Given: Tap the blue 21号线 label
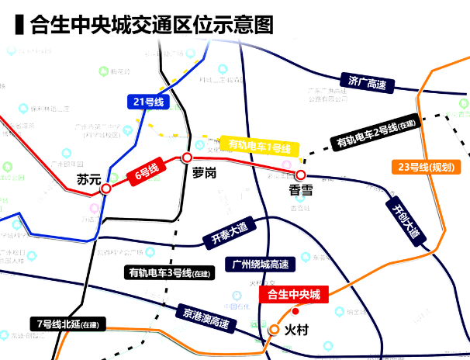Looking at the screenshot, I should [147, 102].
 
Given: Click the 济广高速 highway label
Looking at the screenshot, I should [367, 82].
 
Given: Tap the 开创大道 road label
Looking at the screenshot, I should [406, 220].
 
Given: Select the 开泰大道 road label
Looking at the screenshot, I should [228, 233].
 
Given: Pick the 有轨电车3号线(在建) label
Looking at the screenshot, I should [169, 272].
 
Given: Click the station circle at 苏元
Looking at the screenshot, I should [106, 187].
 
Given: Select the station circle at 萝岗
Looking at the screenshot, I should [186, 157].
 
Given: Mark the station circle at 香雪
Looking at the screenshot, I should [300, 175].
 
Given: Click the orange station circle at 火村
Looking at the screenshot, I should [274, 330].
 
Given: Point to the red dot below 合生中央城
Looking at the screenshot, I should [294, 311].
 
